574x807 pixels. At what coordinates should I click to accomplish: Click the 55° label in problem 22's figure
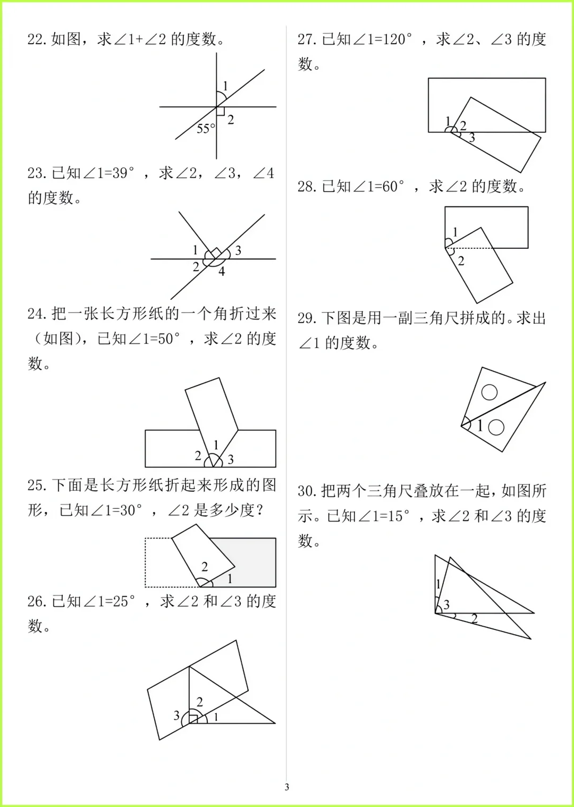click(x=206, y=129)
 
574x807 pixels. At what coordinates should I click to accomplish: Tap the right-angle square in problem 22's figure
click(x=221, y=111)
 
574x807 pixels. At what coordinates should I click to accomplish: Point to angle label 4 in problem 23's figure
click(x=222, y=272)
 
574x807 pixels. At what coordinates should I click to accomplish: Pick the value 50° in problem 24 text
click(x=169, y=339)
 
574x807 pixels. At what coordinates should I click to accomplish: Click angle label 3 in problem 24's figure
click(x=231, y=459)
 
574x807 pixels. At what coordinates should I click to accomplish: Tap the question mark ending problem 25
click(x=259, y=510)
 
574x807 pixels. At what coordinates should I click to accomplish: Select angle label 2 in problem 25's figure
click(x=205, y=567)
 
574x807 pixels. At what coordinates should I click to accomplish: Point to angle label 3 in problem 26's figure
click(x=176, y=716)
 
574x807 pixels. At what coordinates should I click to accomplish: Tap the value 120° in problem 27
click(x=396, y=39)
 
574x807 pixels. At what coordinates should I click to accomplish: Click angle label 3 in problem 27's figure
click(x=472, y=138)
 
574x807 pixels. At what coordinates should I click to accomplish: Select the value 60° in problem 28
click(x=393, y=187)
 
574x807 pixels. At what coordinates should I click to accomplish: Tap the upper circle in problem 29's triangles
click(x=489, y=392)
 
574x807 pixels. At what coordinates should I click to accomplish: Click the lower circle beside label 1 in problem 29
click(x=496, y=427)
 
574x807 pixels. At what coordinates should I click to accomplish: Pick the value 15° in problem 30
click(x=398, y=516)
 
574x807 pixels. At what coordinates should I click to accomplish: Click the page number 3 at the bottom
click(x=287, y=787)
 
